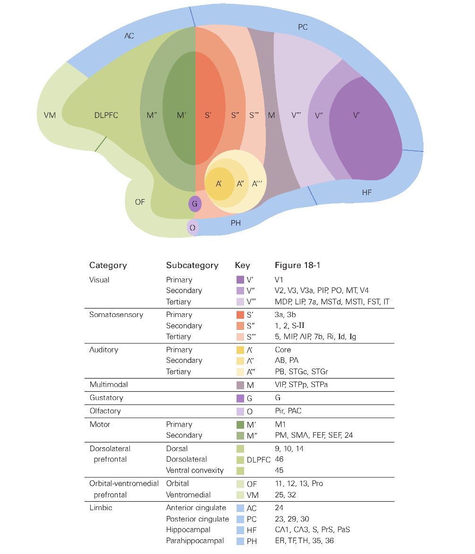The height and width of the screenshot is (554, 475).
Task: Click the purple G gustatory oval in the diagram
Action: [195, 204]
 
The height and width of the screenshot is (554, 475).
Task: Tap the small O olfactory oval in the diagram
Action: [193, 227]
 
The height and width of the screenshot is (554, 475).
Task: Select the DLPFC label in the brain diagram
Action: [106, 115]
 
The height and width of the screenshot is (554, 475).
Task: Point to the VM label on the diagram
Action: [50, 115]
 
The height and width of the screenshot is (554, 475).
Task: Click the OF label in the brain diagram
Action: [140, 202]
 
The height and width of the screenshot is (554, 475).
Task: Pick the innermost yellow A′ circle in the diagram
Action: [220, 184]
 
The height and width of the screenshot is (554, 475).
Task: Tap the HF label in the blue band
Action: [367, 192]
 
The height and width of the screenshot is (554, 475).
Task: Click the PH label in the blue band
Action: [236, 223]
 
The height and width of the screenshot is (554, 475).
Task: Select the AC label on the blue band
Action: [129, 36]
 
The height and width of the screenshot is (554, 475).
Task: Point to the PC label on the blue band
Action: [303, 27]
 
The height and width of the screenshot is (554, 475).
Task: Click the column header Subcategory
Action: [192, 265]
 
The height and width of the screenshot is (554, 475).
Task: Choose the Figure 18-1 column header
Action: [297, 265]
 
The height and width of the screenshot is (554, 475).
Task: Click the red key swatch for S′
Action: [240, 315]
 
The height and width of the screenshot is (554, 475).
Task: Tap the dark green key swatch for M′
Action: [240, 425]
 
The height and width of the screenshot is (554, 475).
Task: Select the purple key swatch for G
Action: [240, 398]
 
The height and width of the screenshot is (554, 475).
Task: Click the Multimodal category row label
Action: [109, 385]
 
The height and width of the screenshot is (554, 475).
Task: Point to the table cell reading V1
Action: [279, 280]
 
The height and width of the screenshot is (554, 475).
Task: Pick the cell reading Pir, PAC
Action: [288, 411]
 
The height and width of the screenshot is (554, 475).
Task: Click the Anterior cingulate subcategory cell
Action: [196, 508]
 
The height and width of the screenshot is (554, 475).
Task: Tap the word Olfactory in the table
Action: [105, 411]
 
